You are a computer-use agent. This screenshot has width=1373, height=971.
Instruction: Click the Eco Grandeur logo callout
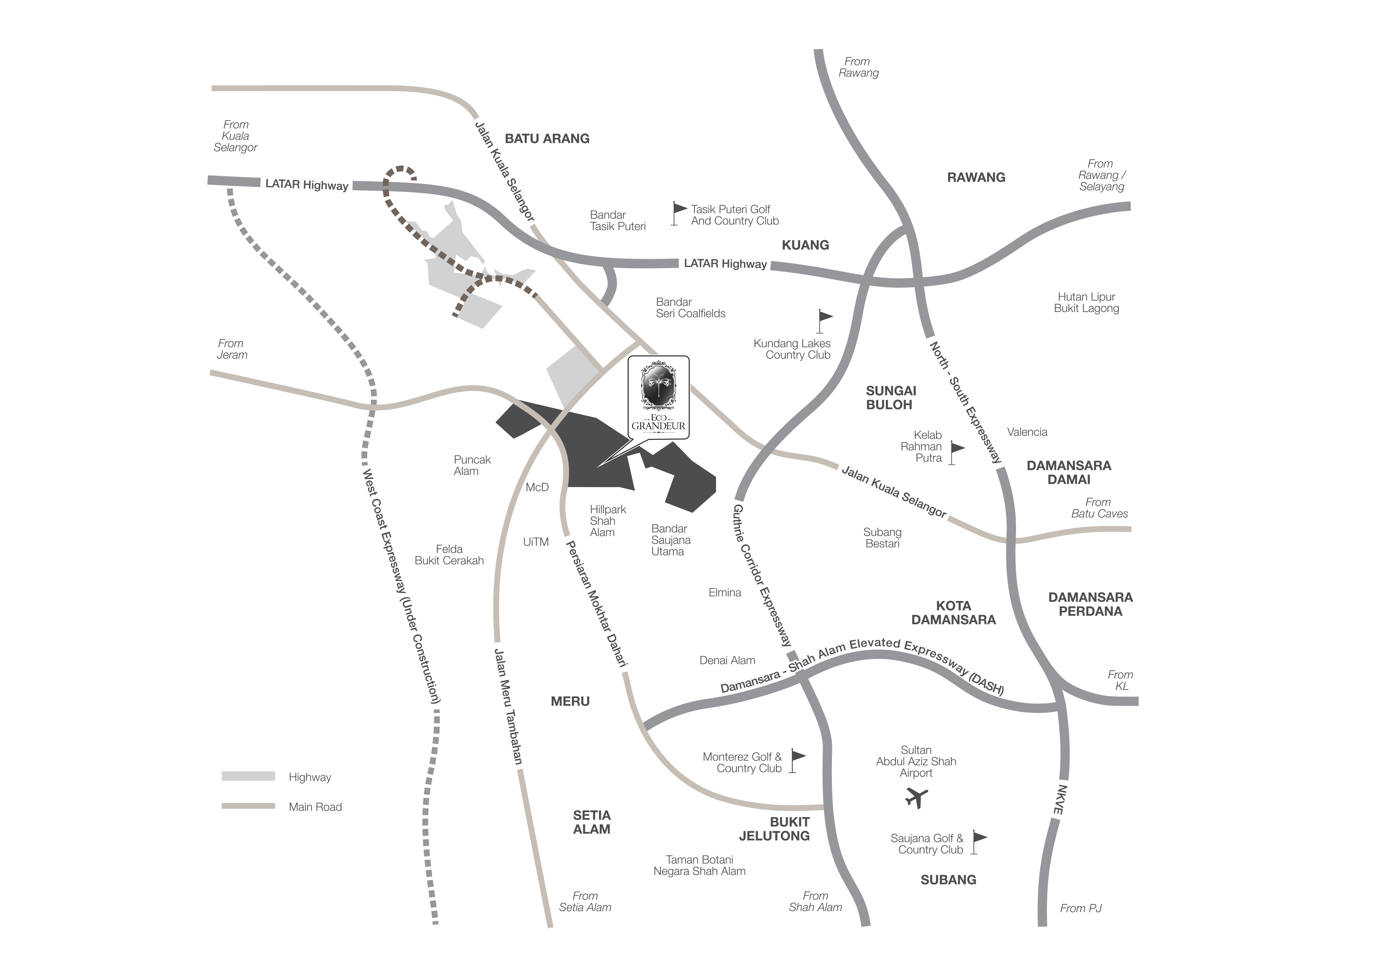[x=659, y=398]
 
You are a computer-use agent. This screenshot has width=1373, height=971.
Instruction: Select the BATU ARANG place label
[x=547, y=139]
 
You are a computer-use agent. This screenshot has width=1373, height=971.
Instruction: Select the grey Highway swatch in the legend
[x=248, y=776]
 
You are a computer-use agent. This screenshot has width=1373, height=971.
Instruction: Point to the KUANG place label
[x=805, y=245]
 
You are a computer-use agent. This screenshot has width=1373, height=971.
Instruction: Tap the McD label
[x=537, y=487]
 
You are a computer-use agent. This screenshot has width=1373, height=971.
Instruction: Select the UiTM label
[x=536, y=542]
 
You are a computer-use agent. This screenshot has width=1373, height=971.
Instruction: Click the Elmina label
[x=725, y=592]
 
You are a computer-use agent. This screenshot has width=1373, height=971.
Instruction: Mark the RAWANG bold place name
[x=976, y=178]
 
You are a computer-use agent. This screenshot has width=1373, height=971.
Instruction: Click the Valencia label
[x=1027, y=432]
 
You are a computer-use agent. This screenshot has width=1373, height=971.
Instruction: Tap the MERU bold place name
[x=570, y=701]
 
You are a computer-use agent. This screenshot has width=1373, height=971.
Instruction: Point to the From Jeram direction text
[x=232, y=349]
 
